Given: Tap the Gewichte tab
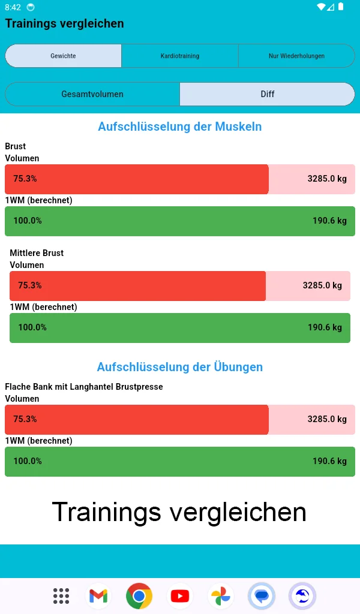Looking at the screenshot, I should (63, 56).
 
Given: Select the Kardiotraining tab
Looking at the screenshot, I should (180, 56).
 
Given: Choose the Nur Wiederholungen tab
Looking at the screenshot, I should (296, 56).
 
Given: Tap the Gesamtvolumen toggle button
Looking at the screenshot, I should (92, 94).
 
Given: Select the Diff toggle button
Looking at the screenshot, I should (268, 94).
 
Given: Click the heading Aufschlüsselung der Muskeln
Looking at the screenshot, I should (180, 127).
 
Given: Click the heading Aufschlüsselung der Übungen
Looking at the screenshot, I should (180, 366).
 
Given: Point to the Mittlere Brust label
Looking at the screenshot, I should (37, 253).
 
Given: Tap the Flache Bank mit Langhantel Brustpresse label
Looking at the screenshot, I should (84, 387).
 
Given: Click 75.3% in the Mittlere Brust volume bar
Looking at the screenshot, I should (29, 285).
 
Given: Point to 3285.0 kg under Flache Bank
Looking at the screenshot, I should (327, 419).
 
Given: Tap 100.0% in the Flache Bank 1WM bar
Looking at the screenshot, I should (28, 461).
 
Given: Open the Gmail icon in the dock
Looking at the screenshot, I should (98, 596).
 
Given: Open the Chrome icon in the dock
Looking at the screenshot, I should (139, 596).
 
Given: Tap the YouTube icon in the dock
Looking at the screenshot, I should (180, 596).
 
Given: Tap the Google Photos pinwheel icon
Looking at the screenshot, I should (220, 596).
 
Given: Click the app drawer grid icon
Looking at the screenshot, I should (61, 596).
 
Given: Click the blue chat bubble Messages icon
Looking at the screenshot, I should (262, 596).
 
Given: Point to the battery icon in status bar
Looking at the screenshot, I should (341, 7).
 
